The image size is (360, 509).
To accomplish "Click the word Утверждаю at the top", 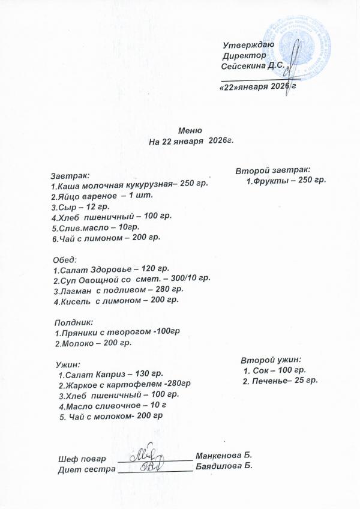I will pyautogui.click(x=248, y=46).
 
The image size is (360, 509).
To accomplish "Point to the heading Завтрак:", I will pyautogui.click(x=70, y=176).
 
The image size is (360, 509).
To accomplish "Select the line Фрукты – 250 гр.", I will pyautogui.click(x=286, y=180).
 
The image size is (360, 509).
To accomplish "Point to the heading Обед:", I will pyautogui.click(x=65, y=259).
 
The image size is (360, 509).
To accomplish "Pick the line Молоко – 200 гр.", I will pyautogui.click(x=93, y=343).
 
